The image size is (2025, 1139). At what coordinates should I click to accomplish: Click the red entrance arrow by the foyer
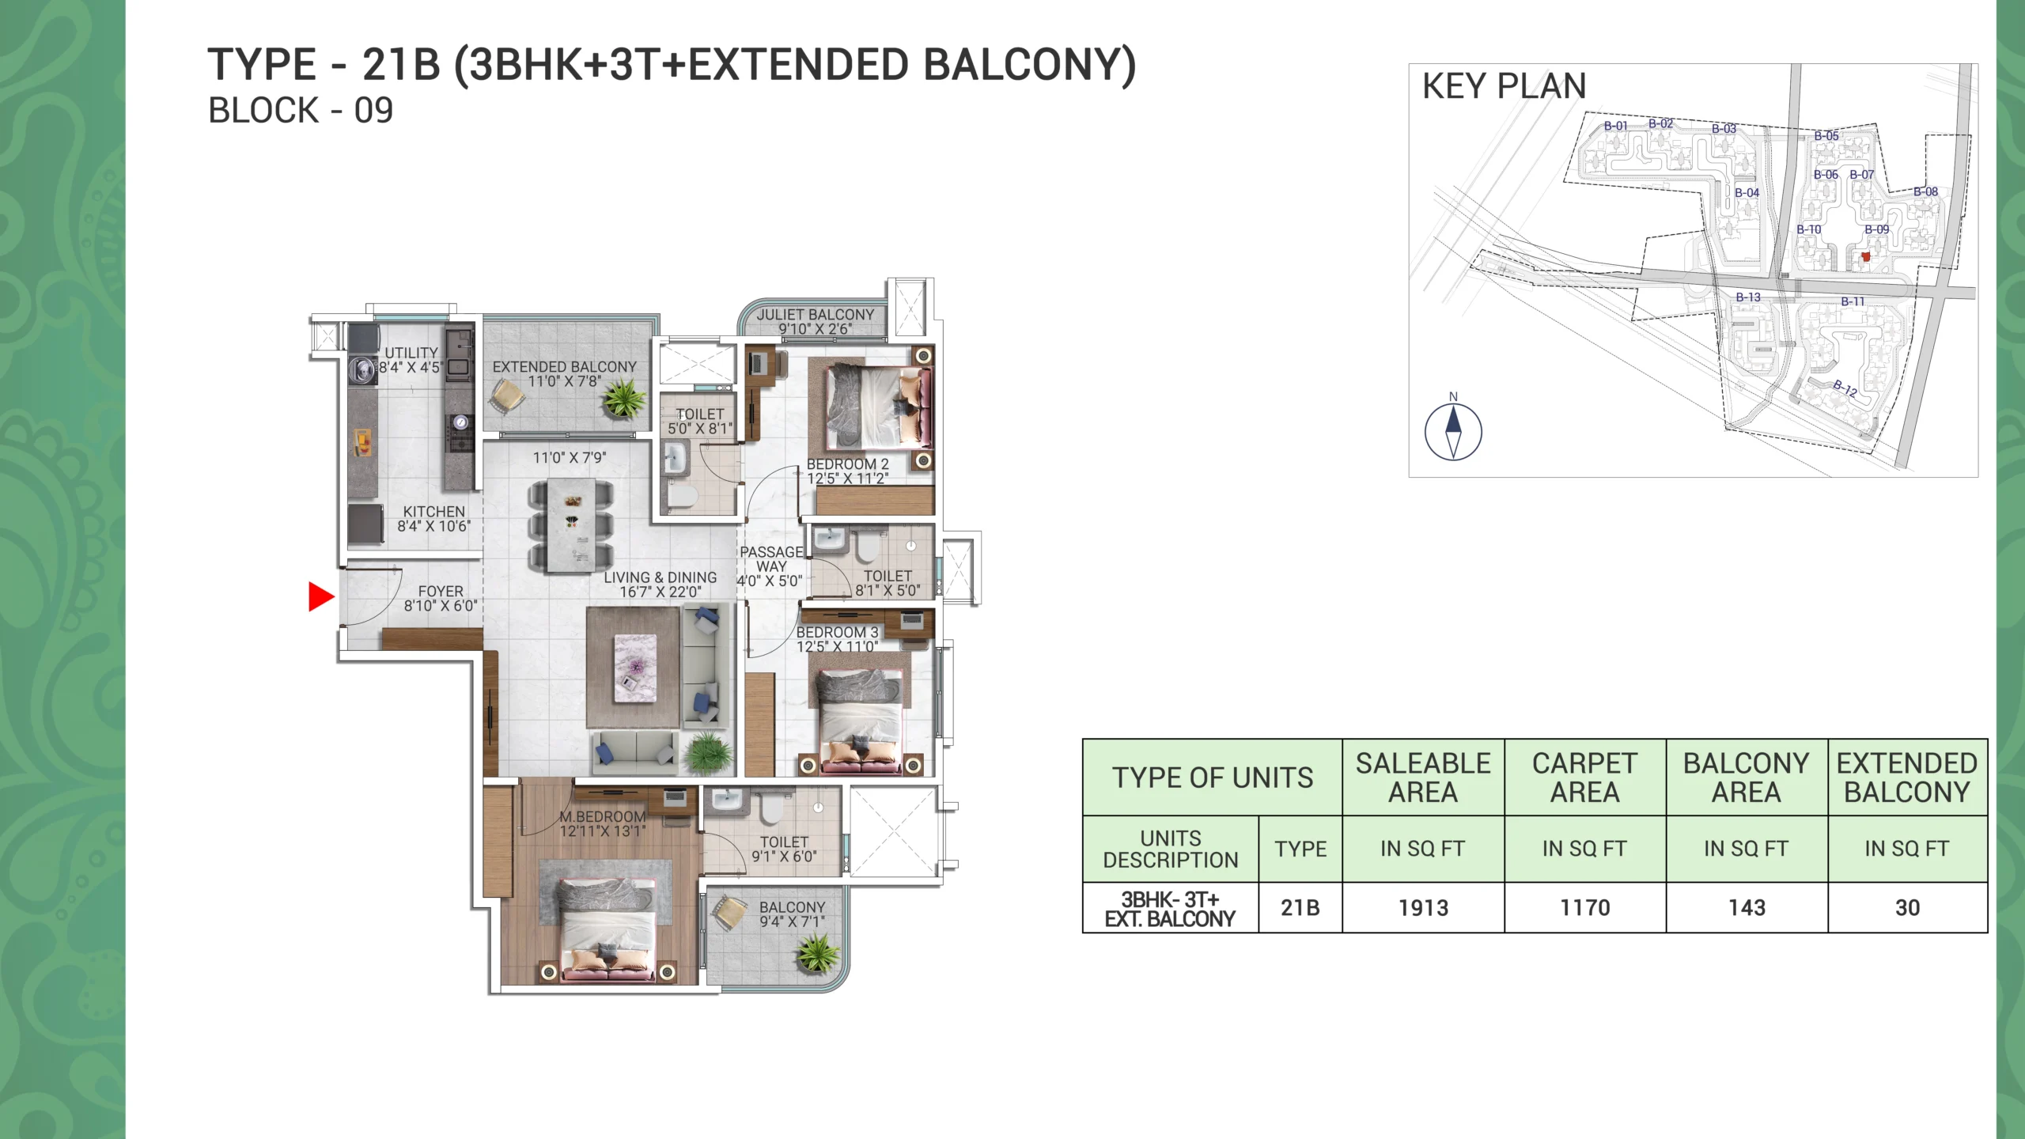click(320, 596)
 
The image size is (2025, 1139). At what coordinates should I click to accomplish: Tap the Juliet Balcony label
click(816, 321)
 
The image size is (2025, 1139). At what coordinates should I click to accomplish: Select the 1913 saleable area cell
click(1423, 908)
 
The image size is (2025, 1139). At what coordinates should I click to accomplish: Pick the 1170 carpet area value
click(1585, 908)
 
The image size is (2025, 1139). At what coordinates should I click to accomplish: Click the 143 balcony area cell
click(1747, 908)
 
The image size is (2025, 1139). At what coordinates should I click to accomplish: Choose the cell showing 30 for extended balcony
click(1907, 908)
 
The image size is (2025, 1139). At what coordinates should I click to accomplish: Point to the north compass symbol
click(1453, 431)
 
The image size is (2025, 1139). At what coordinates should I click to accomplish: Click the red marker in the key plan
click(1865, 256)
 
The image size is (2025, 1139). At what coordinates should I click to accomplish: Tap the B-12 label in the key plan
click(1845, 388)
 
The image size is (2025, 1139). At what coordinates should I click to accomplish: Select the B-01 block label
click(1616, 126)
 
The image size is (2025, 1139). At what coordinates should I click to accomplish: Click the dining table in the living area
click(571, 524)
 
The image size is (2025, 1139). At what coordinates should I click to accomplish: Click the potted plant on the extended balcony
click(624, 398)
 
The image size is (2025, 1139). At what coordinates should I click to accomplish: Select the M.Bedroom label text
click(603, 816)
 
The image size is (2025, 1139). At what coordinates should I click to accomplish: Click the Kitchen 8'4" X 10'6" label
click(434, 519)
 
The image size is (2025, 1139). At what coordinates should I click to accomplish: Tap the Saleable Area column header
click(1423, 778)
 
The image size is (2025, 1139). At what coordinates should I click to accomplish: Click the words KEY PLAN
click(1505, 85)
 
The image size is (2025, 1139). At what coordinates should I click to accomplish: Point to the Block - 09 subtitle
click(301, 111)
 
